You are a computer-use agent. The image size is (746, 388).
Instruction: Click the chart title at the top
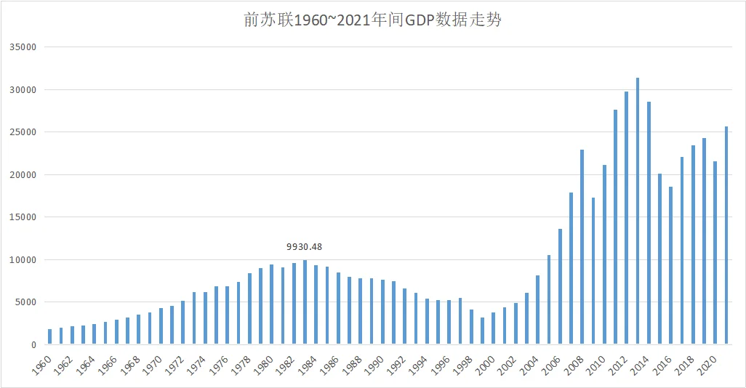[x=372, y=20]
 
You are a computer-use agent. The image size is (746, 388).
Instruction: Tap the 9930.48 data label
[x=305, y=246]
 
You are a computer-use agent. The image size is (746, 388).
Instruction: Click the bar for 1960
[x=49, y=336]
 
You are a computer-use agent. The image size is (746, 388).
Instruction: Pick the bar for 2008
[x=582, y=247]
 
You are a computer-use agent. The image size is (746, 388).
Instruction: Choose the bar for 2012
[x=627, y=218]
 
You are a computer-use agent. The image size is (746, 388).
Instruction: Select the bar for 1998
[x=471, y=327]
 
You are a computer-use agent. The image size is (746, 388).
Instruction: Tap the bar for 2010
[x=604, y=254]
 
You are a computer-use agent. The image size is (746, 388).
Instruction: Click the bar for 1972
[x=183, y=323]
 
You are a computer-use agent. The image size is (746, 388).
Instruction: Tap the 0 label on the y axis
[x=33, y=344]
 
